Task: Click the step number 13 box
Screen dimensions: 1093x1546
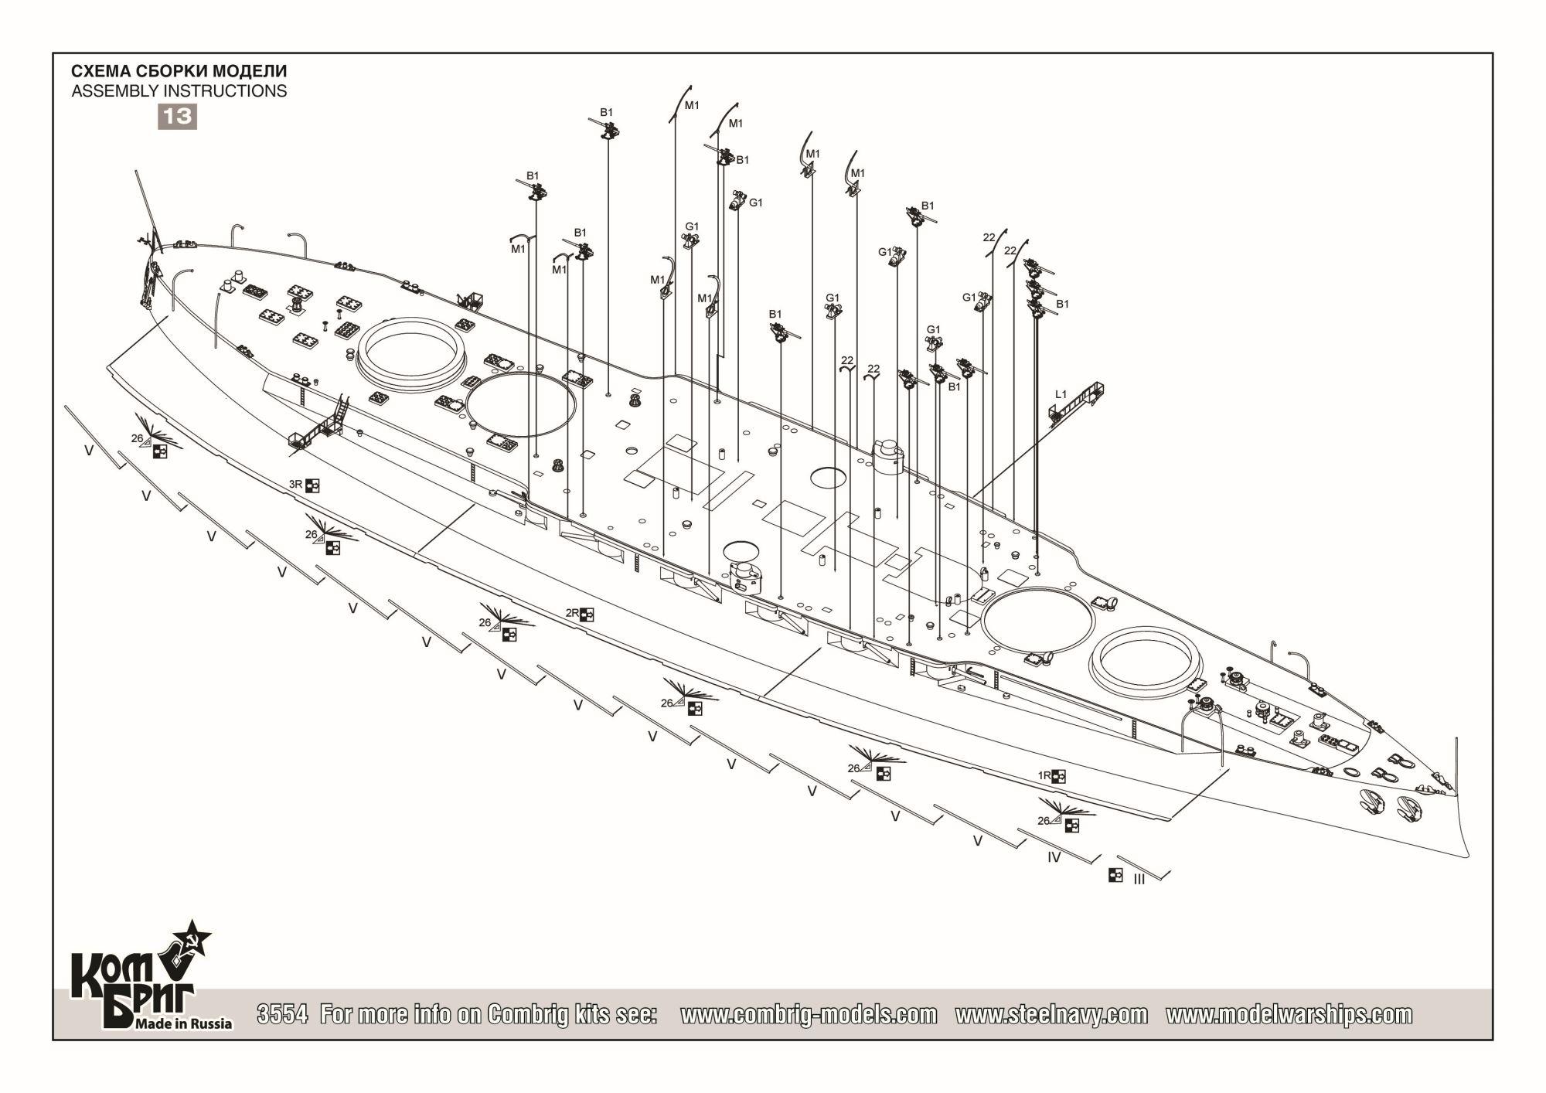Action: pyautogui.click(x=177, y=116)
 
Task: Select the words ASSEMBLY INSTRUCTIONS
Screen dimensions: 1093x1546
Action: pyautogui.click(x=179, y=91)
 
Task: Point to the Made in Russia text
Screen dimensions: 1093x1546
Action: pyautogui.click(x=183, y=1023)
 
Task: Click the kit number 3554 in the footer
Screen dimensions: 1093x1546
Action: pyautogui.click(x=283, y=1014)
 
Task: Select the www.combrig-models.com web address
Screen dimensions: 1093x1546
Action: pyautogui.click(x=808, y=1014)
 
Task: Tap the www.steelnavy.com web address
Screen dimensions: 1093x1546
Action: pyautogui.click(x=1051, y=1014)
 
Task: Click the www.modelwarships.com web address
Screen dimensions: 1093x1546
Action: pyautogui.click(x=1289, y=1014)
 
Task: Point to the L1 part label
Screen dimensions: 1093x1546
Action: pyautogui.click(x=1061, y=394)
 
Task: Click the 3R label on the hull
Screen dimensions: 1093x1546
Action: pyautogui.click(x=295, y=485)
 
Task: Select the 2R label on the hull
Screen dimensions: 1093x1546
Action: pyautogui.click(x=572, y=614)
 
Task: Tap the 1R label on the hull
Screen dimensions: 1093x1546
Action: pyautogui.click(x=1044, y=775)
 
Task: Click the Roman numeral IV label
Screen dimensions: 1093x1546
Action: pyautogui.click(x=1054, y=857)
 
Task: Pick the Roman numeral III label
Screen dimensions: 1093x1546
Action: pyautogui.click(x=1139, y=880)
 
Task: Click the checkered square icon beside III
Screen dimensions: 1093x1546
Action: pyautogui.click(x=1115, y=875)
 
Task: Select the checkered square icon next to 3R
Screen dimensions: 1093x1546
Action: pyautogui.click(x=313, y=485)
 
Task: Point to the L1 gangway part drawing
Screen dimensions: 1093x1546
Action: pyautogui.click(x=1078, y=403)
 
